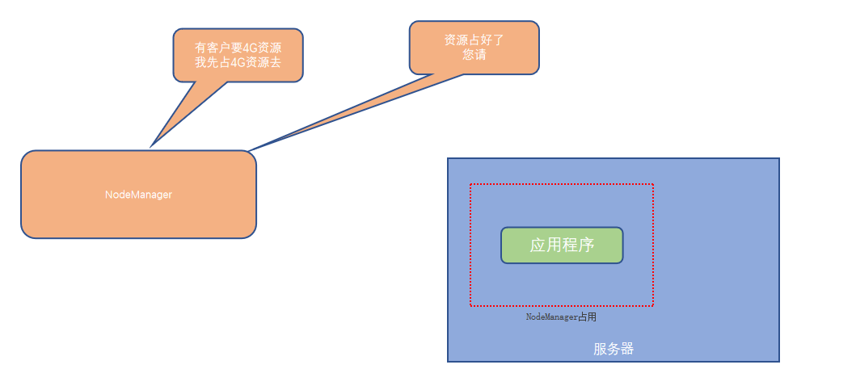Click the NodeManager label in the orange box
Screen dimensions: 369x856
(138, 195)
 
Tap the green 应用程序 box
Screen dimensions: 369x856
(562, 245)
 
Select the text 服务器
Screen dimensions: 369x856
(613, 349)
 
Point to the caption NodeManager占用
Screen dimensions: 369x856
(561, 317)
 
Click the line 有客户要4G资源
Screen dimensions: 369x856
(238, 48)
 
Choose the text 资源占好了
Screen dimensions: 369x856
(474, 40)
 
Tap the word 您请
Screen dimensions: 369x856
(474, 55)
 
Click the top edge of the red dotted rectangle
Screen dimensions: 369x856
(562, 184)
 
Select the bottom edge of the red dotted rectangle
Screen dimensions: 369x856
(562, 306)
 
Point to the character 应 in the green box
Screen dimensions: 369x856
(538, 245)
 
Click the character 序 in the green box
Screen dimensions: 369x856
(586, 245)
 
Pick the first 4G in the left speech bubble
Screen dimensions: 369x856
(237, 48)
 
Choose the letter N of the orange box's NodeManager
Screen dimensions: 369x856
(108, 195)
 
